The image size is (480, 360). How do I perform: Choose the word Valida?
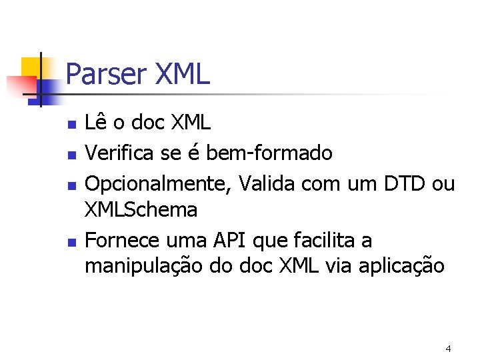(262, 183)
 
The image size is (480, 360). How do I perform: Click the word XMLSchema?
(141, 210)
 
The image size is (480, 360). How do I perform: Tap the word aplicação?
(403, 267)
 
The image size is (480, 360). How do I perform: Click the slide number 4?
(448, 349)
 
